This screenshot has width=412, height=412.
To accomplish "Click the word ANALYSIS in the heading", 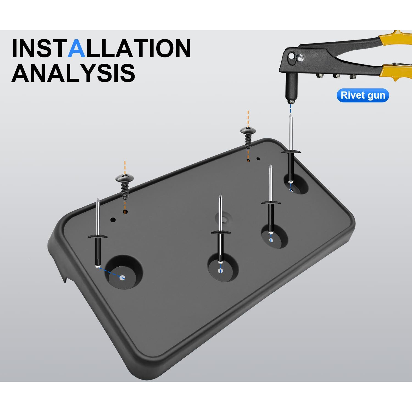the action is (73, 73).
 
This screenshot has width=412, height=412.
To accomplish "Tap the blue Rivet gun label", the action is (363, 95).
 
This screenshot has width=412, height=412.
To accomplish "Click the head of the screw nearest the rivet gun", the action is (248, 130).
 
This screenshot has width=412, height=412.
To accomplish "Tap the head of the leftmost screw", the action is (124, 178).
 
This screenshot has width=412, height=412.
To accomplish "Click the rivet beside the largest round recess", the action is (98, 233).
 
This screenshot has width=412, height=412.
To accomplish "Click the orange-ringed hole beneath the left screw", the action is (125, 212).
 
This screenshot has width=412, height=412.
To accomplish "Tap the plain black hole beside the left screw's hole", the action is (113, 220).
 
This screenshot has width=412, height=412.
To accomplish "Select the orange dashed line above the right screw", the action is (248, 119).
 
